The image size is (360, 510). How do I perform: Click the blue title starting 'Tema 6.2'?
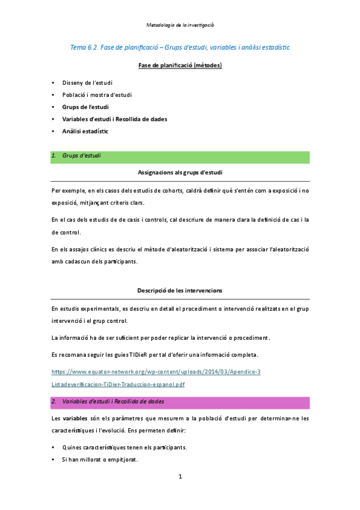point(180,46)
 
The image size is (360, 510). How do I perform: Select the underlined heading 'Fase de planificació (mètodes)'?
point(180,65)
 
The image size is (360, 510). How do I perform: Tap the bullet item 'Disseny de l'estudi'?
point(87,82)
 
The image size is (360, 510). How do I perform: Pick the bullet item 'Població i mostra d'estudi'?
point(97,94)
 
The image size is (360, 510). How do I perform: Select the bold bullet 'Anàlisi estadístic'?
point(85,131)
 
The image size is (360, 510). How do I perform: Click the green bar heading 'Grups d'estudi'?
point(81,156)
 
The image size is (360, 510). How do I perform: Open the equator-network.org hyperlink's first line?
point(156,372)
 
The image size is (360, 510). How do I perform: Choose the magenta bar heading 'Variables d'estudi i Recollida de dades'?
point(114,401)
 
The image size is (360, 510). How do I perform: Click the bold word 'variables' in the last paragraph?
point(76,419)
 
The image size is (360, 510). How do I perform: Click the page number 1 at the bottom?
point(180,477)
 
